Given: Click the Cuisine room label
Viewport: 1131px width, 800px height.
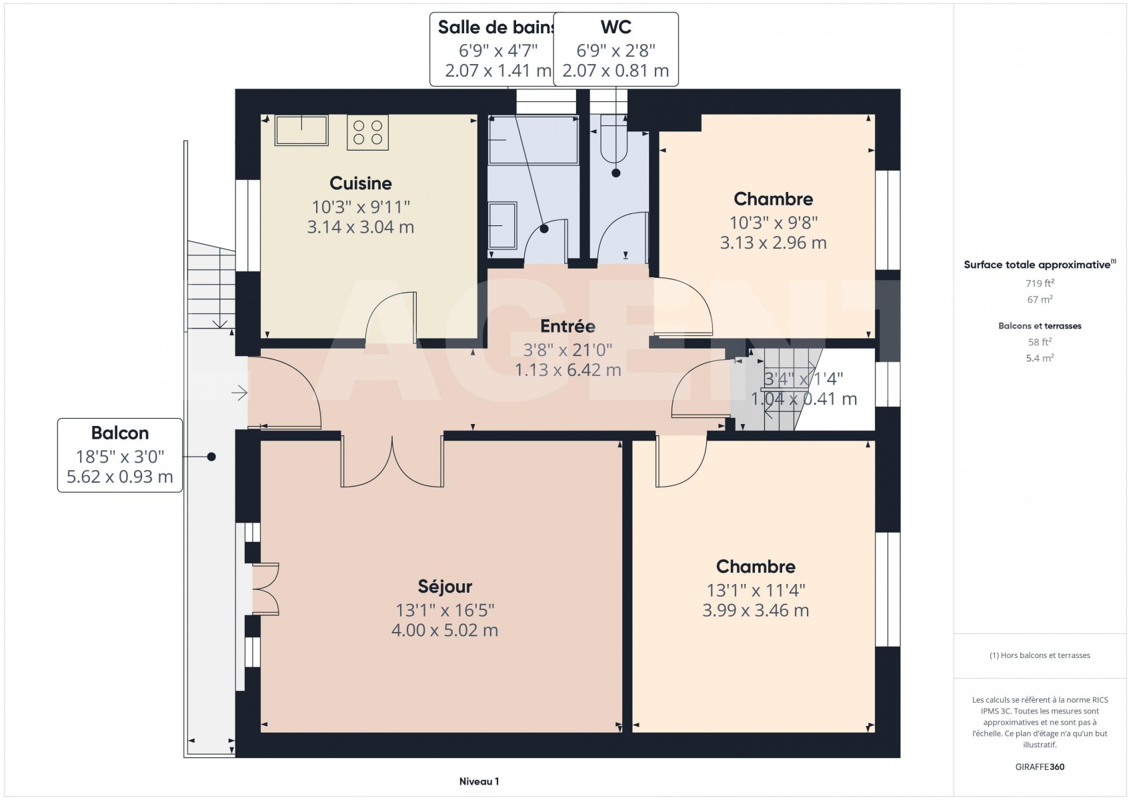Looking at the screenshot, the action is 361,183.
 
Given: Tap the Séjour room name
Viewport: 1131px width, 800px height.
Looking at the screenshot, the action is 445,587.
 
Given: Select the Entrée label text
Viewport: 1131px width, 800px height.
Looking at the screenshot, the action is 568,326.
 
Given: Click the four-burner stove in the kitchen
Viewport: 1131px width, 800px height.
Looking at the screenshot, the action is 367,132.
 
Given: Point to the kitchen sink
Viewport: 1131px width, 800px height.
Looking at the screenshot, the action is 301,130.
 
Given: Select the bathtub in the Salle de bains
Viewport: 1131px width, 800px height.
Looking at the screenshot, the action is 533,140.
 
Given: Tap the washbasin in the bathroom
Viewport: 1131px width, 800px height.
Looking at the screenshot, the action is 502,225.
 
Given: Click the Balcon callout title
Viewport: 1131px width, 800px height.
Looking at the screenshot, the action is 119,433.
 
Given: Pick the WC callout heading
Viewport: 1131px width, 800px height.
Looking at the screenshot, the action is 616,27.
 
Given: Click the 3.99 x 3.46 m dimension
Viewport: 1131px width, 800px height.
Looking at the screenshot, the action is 756,610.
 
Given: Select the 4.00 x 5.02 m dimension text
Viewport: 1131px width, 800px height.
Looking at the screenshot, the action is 445,630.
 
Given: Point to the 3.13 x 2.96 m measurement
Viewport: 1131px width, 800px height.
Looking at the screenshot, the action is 773,243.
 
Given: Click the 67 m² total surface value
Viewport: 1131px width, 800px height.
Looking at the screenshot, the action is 1040,299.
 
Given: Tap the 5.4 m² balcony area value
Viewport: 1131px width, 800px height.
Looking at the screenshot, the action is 1040,358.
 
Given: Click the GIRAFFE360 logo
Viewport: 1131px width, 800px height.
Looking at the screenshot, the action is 1040,767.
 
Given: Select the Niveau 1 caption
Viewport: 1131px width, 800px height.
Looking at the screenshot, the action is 479,781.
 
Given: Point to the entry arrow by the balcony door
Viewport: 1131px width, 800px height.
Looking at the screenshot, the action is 239,393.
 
